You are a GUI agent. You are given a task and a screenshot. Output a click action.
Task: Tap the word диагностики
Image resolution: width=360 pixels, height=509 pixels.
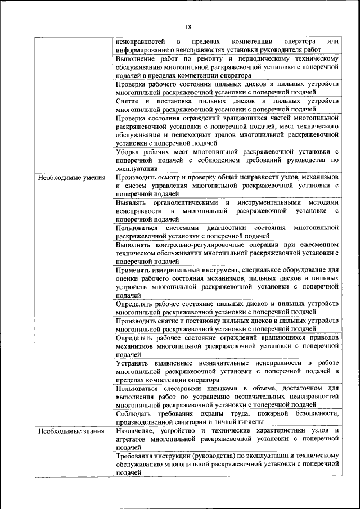tap(227, 228)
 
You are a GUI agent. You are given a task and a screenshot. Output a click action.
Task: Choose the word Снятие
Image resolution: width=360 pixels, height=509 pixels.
tap(127, 101)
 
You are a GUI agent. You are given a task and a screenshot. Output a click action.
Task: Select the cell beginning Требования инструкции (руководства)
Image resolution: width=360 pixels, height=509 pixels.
tap(227, 463)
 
